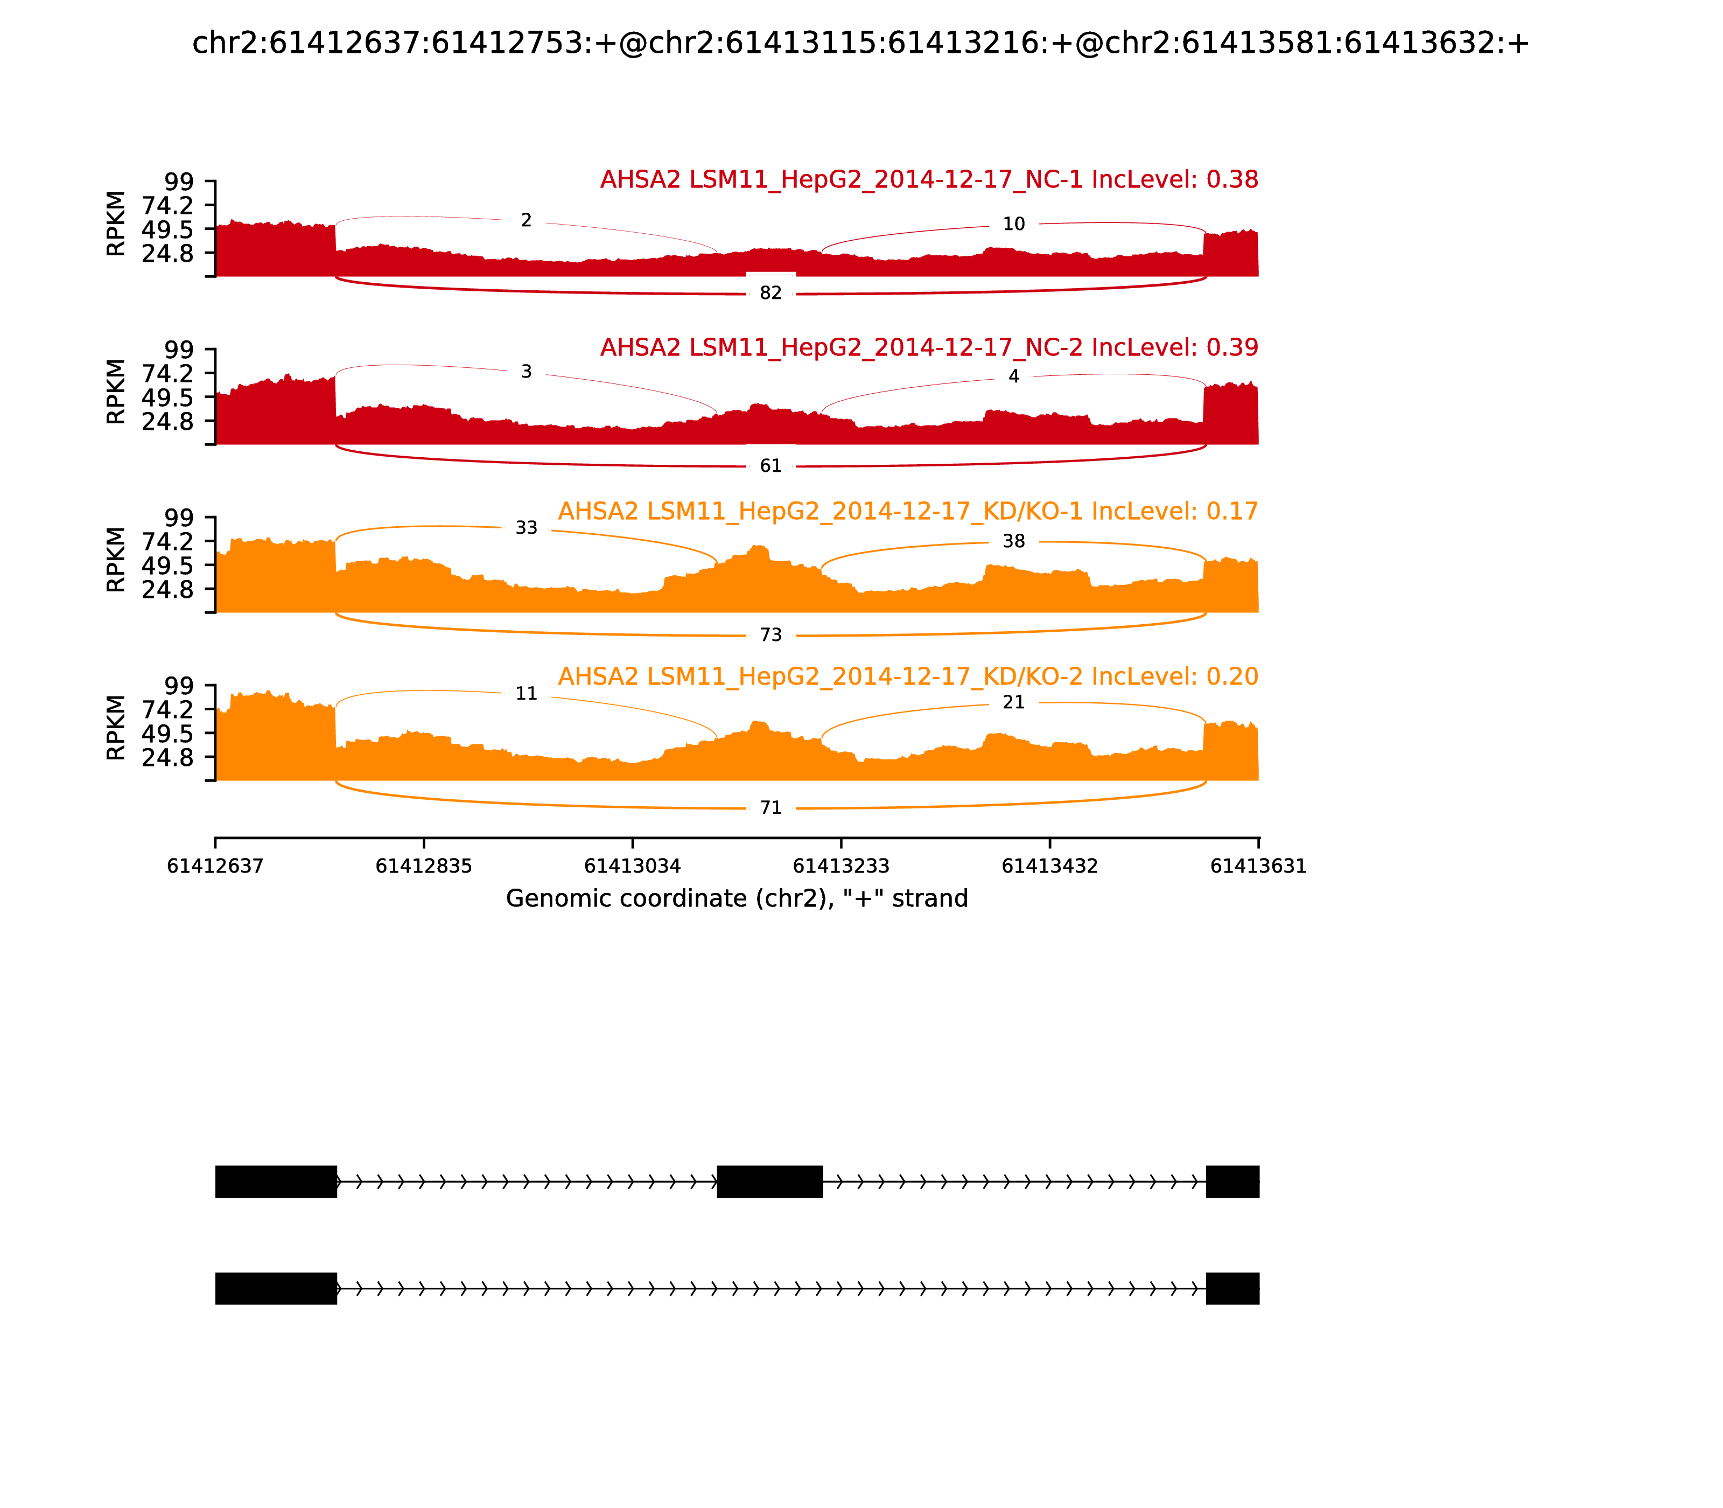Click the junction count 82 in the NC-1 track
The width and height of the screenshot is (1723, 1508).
[771, 293]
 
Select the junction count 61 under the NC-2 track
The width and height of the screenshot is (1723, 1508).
[771, 465]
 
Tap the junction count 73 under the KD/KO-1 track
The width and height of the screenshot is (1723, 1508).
[771, 634]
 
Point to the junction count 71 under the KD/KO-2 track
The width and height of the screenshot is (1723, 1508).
[771, 808]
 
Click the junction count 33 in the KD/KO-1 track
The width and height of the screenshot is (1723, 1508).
[526, 528]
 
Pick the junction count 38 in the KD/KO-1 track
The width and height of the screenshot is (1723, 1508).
[1014, 541]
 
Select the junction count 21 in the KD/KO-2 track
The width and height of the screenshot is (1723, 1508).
[1014, 702]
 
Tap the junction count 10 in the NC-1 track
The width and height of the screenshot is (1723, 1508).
[1014, 224]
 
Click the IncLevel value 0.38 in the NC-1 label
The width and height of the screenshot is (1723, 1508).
[1232, 179]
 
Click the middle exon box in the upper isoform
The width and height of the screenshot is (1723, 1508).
[769, 1182]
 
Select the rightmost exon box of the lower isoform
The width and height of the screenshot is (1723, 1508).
[1232, 1288]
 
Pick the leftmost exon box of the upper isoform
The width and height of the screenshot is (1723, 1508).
[276, 1182]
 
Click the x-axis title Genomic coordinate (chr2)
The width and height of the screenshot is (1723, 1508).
[737, 899]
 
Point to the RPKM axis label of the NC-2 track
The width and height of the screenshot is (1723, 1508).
[116, 392]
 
